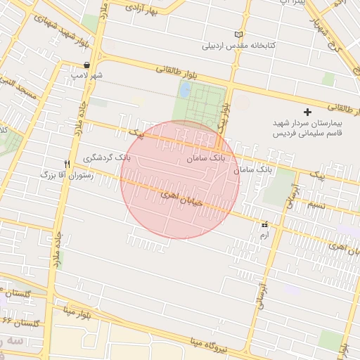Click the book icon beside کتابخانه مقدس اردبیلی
[x=239, y=34]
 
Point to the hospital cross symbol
[x=307, y=112]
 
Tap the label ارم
[x=264, y=236]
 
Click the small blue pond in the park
[x=184, y=91]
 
